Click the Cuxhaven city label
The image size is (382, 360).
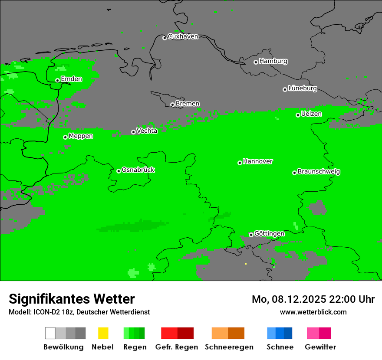183,36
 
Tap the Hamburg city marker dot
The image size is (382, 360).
256,62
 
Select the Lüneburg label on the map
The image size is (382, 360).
303,88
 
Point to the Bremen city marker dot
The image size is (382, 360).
172,105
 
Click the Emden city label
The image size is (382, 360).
71,79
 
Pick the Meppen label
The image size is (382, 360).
81,136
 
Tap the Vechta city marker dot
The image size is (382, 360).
133,132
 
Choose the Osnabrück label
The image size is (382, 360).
138,170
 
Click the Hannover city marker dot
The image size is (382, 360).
240,163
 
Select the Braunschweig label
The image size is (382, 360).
319,172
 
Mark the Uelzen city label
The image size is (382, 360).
311,114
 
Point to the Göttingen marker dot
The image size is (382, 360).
251,235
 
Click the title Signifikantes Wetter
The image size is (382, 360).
72,299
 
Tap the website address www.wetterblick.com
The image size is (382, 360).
313,312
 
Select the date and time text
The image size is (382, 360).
313,299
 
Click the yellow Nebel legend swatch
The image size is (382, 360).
103,333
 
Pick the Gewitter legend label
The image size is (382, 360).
320,347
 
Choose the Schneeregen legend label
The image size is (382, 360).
229,347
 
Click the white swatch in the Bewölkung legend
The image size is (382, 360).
50,333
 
